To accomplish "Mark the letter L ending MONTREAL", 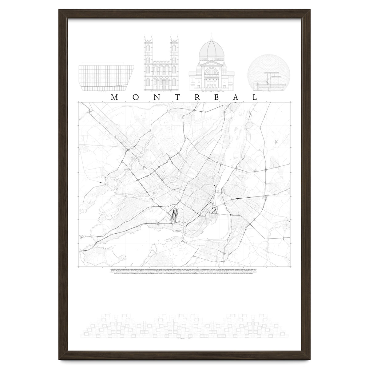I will point(255,97).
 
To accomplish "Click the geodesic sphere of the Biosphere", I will point(261,69).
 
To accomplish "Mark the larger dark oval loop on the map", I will point(174,215).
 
